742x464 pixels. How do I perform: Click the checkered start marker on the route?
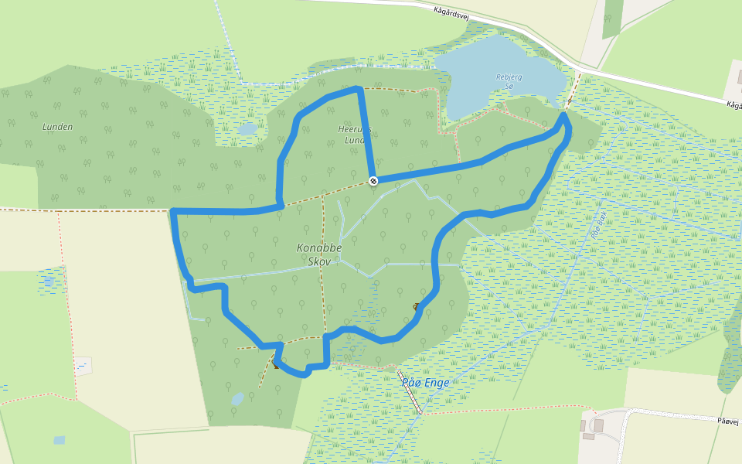(373, 181)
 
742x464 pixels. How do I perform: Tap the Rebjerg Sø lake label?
(504, 81)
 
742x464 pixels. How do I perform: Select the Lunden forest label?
(57, 127)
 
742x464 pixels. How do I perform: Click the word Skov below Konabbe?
(319, 262)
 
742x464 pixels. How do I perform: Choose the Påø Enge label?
(426, 382)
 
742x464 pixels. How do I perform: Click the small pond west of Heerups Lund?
(247, 129)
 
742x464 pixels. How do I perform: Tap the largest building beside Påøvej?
(597, 425)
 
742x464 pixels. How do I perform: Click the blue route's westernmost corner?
(174, 211)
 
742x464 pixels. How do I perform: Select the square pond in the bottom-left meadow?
(60, 440)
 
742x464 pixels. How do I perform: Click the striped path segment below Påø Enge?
(414, 399)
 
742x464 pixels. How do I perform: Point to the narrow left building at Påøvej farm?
(583, 425)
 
